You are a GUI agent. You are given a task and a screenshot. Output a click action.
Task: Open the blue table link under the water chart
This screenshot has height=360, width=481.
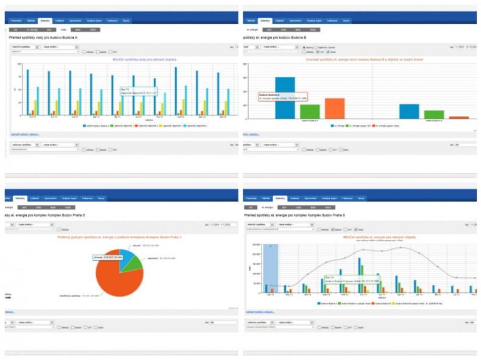pos(25,133)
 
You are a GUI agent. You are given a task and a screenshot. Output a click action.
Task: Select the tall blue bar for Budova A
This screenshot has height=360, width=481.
pos(285,97)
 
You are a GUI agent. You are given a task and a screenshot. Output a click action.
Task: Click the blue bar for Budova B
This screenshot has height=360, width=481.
pos(409,111)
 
